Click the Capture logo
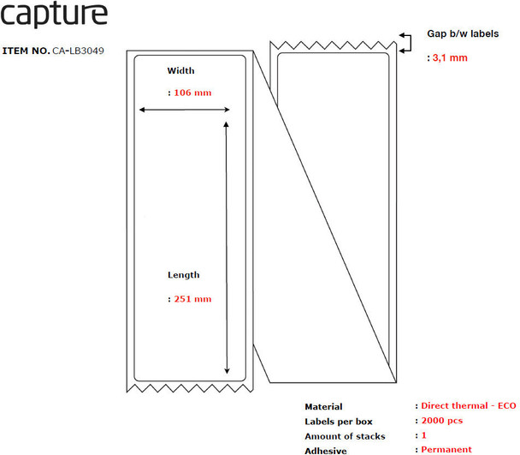coord(55,15)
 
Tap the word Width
coord(180,70)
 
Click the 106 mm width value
coord(192,93)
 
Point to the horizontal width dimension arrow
coord(185,110)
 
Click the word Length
coord(184,275)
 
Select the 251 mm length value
coord(192,299)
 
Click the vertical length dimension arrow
coord(226,248)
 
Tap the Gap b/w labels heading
coord(463,34)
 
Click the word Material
coord(323,407)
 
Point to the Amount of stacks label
coord(345,436)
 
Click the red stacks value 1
coord(424,435)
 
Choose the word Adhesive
coord(325,450)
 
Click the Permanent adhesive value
coord(446,450)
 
